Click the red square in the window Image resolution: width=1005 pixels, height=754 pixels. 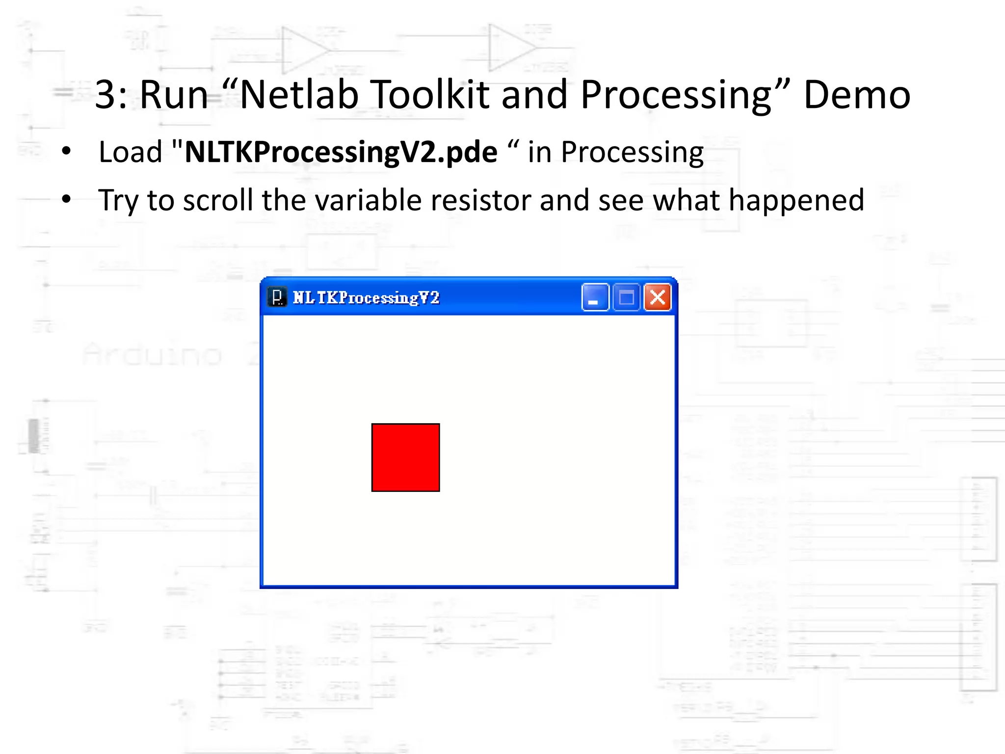pyautogui.click(x=405, y=457)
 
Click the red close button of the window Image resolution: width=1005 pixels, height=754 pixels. pyautogui.click(x=657, y=297)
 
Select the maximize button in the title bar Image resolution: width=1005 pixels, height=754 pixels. pyautogui.click(x=626, y=297)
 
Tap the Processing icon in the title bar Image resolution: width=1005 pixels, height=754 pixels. pyautogui.click(x=277, y=297)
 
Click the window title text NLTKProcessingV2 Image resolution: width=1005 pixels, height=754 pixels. pyautogui.click(x=366, y=297)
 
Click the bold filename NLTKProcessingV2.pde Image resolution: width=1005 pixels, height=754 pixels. pyautogui.click(x=341, y=152)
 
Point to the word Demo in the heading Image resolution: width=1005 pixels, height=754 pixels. pyautogui.click(x=856, y=94)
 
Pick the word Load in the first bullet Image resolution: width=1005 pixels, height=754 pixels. pyautogui.click(x=131, y=152)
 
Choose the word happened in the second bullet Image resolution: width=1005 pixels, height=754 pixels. pyautogui.click(x=796, y=200)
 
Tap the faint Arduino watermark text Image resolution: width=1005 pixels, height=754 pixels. pyautogui.click(x=152, y=354)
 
